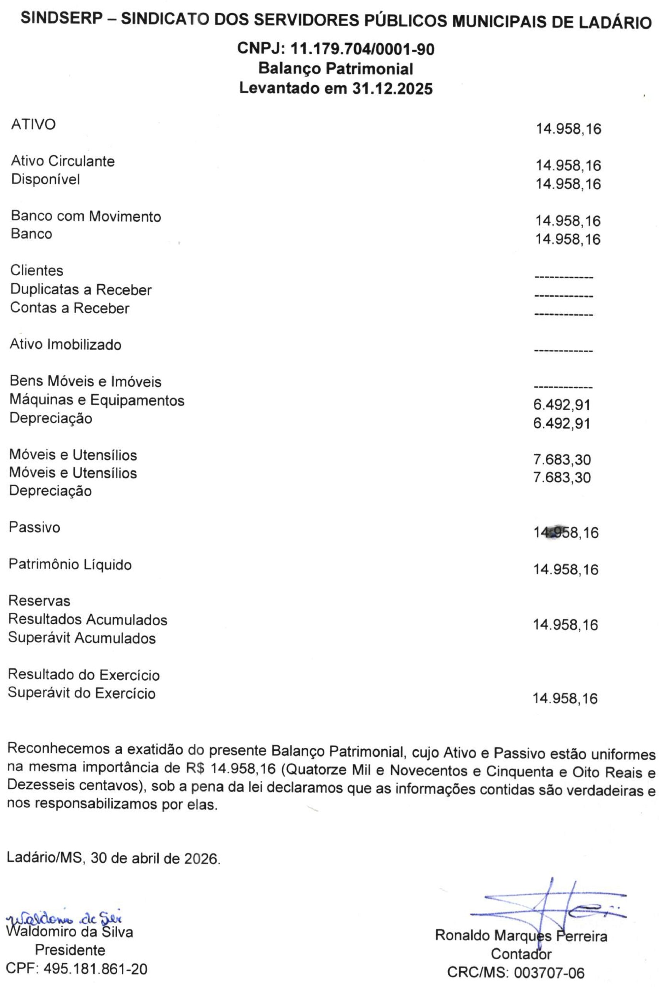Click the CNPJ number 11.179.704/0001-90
pyautogui.click(x=362, y=50)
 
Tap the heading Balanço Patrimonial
pyautogui.click(x=336, y=69)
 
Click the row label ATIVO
pyautogui.click(x=33, y=125)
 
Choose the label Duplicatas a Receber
pyautogui.click(x=81, y=290)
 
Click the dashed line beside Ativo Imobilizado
pyautogui.click(x=563, y=351)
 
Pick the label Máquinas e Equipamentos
pyautogui.click(x=97, y=400)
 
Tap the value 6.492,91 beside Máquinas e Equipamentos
pyautogui.click(x=561, y=405)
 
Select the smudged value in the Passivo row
pyautogui.click(x=566, y=532)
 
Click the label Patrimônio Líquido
pyautogui.click(x=70, y=564)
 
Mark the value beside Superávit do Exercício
pyautogui.click(x=565, y=699)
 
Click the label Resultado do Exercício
pyautogui.click(x=84, y=675)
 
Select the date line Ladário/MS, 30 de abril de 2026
pyautogui.click(x=113, y=858)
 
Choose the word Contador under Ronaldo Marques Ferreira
pyautogui.click(x=521, y=954)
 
